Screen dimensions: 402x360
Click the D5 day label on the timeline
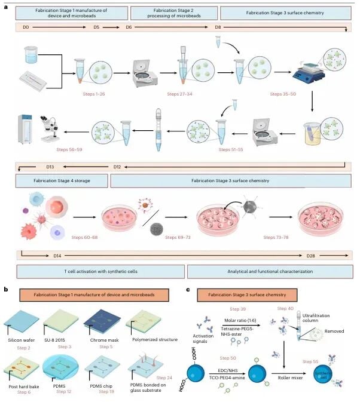click(x=96, y=27)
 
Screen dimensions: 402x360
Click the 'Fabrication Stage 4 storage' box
click(x=60, y=180)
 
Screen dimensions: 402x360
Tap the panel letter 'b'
click(x=5, y=289)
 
